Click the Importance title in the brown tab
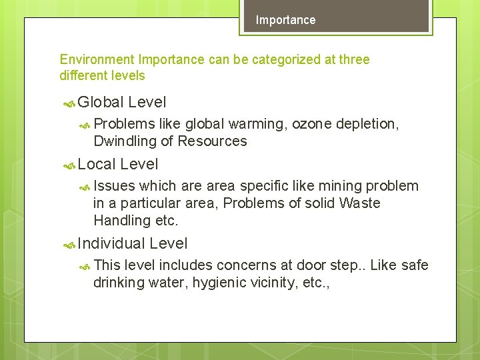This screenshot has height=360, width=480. (285, 20)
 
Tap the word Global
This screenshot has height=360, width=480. (101, 102)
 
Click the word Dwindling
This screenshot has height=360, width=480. (123, 141)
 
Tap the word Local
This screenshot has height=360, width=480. (97, 164)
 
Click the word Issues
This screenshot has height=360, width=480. (114, 185)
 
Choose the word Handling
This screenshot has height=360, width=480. (122, 220)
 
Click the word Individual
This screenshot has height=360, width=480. (111, 243)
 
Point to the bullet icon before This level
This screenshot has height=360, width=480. (85, 267)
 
